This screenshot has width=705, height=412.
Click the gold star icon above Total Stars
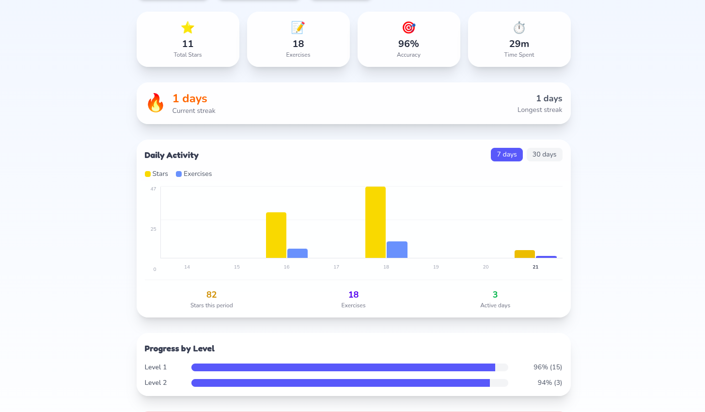pyautogui.click(x=188, y=28)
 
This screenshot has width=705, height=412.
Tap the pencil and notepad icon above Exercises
pyautogui.click(x=298, y=28)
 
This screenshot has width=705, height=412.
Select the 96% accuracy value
pyautogui.click(x=408, y=44)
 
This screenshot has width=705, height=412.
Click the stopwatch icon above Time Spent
pyautogui.click(x=519, y=28)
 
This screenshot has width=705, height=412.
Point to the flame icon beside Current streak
pyautogui.click(x=156, y=103)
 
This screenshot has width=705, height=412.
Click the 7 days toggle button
pyautogui.click(x=506, y=155)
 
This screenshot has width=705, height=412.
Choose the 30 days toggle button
pyautogui.click(x=544, y=155)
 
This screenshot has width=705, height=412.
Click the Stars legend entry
pyautogui.click(x=157, y=174)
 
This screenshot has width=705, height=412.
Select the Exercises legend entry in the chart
pyautogui.click(x=194, y=174)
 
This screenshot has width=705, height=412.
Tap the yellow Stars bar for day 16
pyautogui.click(x=276, y=235)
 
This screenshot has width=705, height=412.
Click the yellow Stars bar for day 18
pyautogui.click(x=376, y=222)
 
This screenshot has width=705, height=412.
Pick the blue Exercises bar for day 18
pyautogui.click(x=397, y=250)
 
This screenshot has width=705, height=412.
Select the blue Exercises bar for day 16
pyautogui.click(x=298, y=253)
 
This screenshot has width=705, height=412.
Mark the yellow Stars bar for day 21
pyautogui.click(x=525, y=254)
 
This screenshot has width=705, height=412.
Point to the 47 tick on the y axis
pyautogui.click(x=153, y=189)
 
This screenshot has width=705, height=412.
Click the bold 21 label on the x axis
pyautogui.click(x=535, y=267)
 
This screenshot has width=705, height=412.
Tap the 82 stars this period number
pyautogui.click(x=211, y=295)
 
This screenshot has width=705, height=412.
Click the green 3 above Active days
pyautogui.click(x=495, y=295)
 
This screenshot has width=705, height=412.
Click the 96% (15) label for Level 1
pyautogui.click(x=548, y=367)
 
